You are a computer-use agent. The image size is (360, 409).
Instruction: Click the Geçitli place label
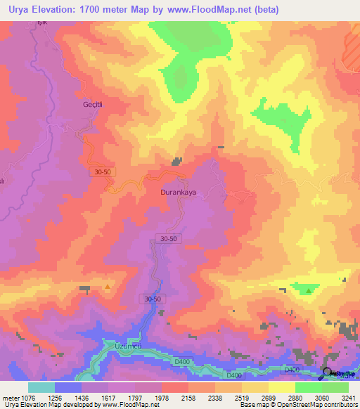[x=94, y=104]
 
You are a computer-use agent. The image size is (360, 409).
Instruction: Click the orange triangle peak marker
[x=107, y=286]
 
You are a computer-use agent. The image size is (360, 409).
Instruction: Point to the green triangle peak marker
[x=309, y=290]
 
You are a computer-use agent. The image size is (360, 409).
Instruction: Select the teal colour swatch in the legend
[x=41, y=387]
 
